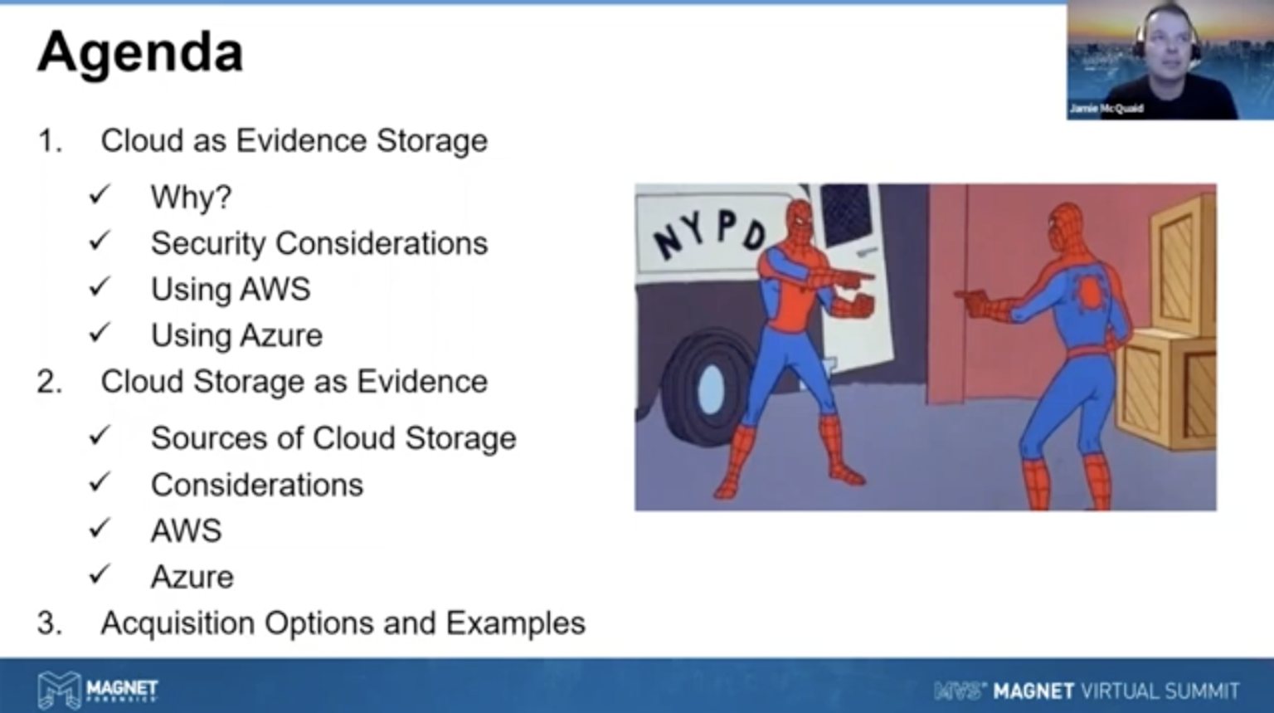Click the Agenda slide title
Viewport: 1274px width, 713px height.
tap(140, 52)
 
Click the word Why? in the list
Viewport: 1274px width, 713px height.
tap(191, 198)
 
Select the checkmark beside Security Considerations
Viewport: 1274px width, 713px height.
tap(100, 242)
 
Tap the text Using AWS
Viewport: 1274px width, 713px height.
tap(230, 290)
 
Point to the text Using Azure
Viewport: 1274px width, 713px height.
tap(236, 335)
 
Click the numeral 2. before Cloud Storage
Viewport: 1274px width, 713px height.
tap(49, 382)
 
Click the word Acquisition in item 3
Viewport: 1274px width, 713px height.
tap(177, 623)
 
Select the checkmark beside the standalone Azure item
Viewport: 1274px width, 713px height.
tap(100, 574)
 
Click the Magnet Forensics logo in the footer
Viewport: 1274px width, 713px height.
tap(97, 690)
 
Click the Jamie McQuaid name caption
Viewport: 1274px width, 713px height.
tap(1106, 109)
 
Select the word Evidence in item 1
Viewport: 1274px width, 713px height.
tap(301, 141)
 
